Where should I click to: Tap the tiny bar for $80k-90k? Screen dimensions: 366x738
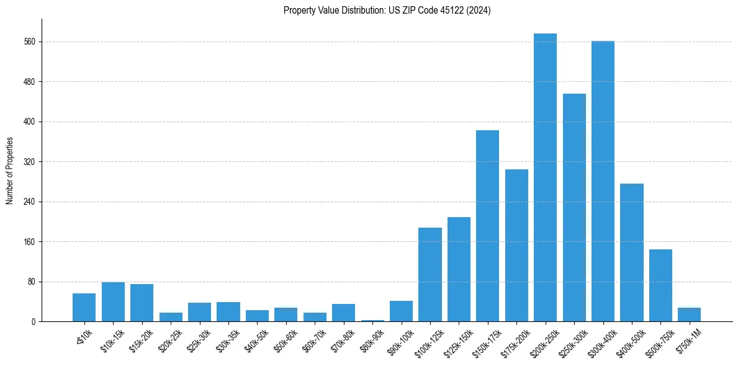point(372,320)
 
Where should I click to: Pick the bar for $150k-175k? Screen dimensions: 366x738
point(487,226)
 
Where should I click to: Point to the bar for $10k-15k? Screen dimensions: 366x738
point(113,302)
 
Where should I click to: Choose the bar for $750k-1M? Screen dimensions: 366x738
point(689,315)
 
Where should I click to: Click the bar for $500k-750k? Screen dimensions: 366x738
point(660,285)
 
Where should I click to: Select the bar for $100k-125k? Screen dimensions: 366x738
point(430,274)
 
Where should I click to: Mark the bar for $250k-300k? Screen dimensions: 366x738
point(574,207)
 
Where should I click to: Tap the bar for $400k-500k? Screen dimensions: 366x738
point(632,252)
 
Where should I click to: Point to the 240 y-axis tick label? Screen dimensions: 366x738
point(29,202)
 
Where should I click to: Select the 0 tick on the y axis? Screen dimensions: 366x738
point(34,322)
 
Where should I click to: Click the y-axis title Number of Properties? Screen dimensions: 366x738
point(9,171)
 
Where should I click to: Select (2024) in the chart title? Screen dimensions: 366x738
point(477,11)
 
